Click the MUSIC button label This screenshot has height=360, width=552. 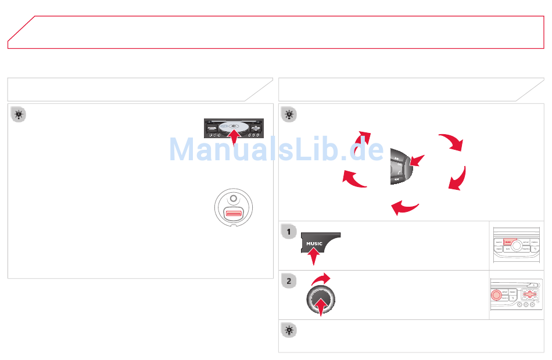click(314, 244)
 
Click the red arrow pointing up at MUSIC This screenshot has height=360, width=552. click(314, 256)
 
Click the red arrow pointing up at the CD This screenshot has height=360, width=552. click(232, 138)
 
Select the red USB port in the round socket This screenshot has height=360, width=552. click(233, 215)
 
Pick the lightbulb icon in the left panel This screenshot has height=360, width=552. click(19, 115)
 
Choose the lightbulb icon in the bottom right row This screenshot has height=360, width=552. click(289, 330)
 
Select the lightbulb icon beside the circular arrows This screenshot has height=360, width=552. click(289, 115)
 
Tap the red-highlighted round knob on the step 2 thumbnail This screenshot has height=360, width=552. click(496, 294)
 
